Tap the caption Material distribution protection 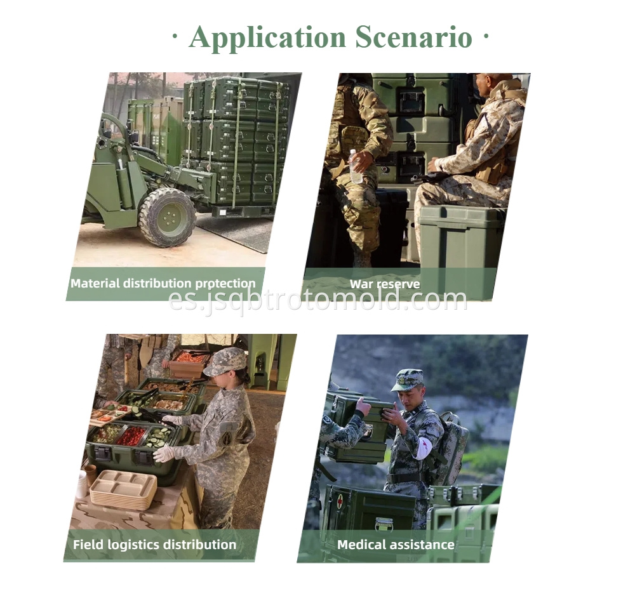click(163, 284)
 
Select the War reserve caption click(385, 284)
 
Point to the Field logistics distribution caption click(154, 545)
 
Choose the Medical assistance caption click(396, 545)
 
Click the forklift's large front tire click(167, 216)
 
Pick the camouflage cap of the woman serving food click(225, 361)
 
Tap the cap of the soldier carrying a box click(406, 380)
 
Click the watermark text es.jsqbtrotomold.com click(317, 299)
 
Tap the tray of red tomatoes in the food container click(132, 435)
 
